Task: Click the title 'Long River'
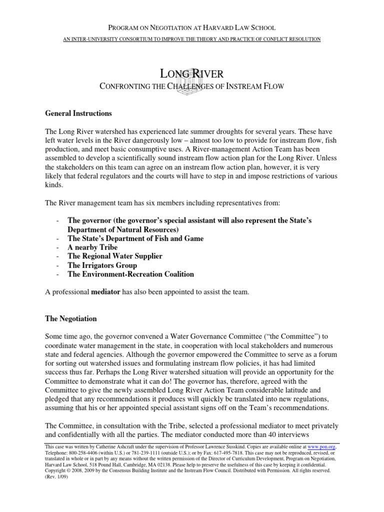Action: (191, 74)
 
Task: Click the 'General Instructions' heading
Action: (78, 113)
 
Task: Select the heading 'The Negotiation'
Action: (71, 318)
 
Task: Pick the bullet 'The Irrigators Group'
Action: (102, 265)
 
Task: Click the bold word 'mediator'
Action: (105, 292)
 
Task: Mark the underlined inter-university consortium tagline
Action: (191, 39)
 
